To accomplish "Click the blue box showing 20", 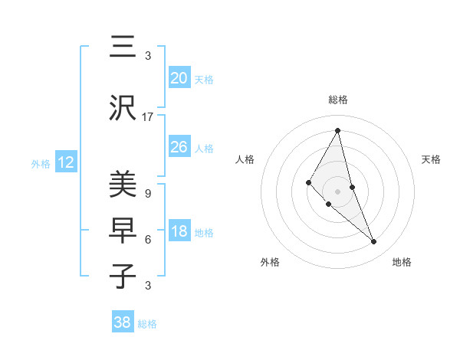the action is tap(179, 78).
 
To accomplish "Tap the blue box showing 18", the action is tap(179, 231).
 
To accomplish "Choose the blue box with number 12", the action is tap(65, 162).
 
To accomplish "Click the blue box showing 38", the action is tap(122, 322).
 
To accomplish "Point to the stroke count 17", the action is tap(148, 117).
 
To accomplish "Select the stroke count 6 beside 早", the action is tap(147, 239).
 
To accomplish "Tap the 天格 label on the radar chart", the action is tap(431, 159).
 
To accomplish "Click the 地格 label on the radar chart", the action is tap(402, 262).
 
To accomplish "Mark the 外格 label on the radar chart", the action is tap(270, 262).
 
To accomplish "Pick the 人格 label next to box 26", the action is tap(204, 148).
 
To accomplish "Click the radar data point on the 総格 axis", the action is tap(337, 130).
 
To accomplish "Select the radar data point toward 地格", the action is tap(373, 242).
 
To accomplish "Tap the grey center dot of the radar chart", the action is tap(337, 191).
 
